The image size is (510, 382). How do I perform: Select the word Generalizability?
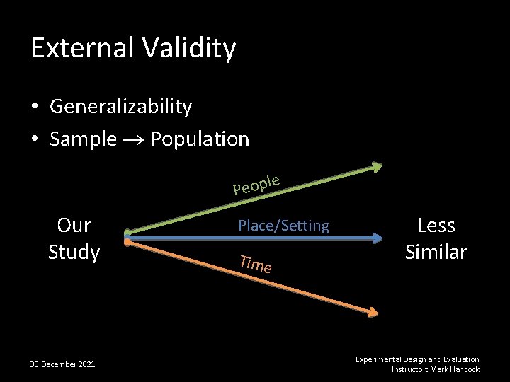120,107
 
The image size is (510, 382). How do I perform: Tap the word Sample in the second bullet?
83,139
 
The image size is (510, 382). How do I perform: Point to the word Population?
200,139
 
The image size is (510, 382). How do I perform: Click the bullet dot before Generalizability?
35,108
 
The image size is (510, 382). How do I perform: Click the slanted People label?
257,183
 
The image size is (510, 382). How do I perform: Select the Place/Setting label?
283,226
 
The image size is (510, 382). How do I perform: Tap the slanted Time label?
256,264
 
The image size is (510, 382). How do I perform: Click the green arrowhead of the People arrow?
376,167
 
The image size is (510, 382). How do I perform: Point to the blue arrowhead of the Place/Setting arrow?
377,239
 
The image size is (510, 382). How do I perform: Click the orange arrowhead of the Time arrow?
374,311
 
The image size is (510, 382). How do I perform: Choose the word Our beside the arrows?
74,226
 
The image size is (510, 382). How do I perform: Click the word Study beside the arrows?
74,252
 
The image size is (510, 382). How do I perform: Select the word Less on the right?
436,226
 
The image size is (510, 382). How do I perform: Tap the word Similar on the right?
436,252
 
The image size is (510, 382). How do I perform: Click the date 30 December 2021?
63,364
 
